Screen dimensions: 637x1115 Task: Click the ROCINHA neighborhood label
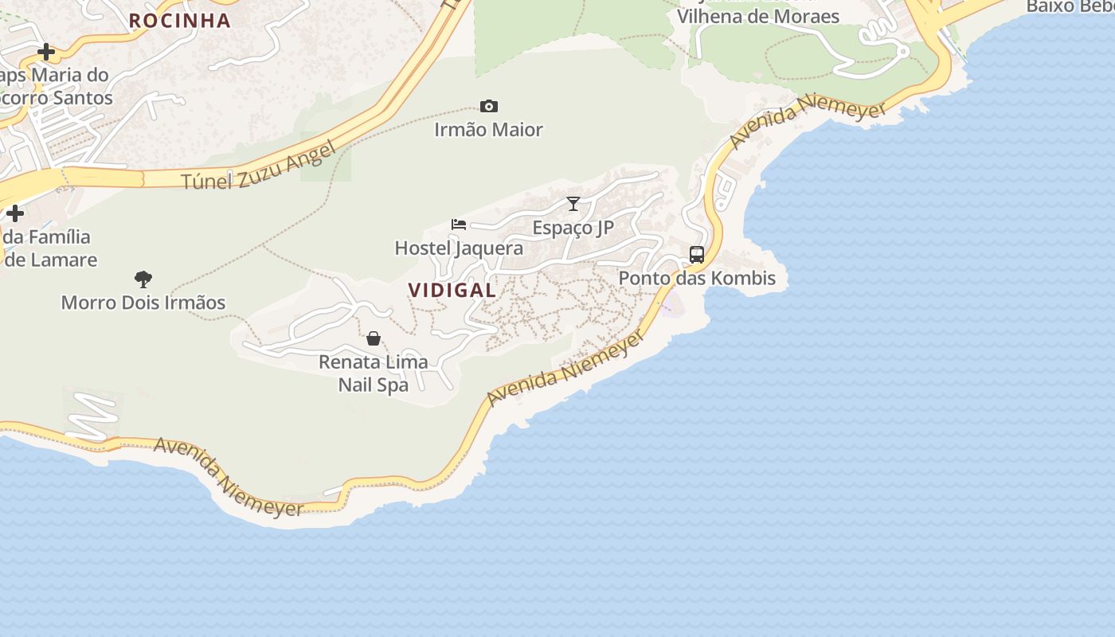[x=180, y=20]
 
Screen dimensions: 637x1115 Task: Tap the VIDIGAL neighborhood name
[x=452, y=290]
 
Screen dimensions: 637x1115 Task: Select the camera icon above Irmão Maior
[x=489, y=107]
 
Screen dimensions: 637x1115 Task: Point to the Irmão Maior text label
[x=489, y=129]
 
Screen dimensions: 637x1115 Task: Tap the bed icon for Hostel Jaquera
[x=459, y=225]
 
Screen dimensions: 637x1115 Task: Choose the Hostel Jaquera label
[x=460, y=248]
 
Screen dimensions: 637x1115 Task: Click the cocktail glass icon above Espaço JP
[x=573, y=204]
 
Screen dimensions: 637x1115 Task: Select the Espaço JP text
[x=573, y=228]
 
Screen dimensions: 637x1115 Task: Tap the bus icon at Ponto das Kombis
[x=697, y=255]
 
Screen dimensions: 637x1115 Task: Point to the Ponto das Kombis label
[x=697, y=278]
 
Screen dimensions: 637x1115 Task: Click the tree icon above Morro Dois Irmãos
[x=143, y=279]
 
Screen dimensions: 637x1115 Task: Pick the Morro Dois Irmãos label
[x=143, y=303]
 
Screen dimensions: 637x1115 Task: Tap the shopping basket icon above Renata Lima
[x=374, y=339]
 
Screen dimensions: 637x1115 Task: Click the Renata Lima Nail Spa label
[x=374, y=373]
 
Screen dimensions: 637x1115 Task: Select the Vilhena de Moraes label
[x=757, y=16]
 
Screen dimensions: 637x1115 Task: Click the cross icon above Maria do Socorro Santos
[x=46, y=53]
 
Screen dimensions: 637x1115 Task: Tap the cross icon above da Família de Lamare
[x=15, y=213]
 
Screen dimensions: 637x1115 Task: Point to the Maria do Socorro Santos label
[x=56, y=87]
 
